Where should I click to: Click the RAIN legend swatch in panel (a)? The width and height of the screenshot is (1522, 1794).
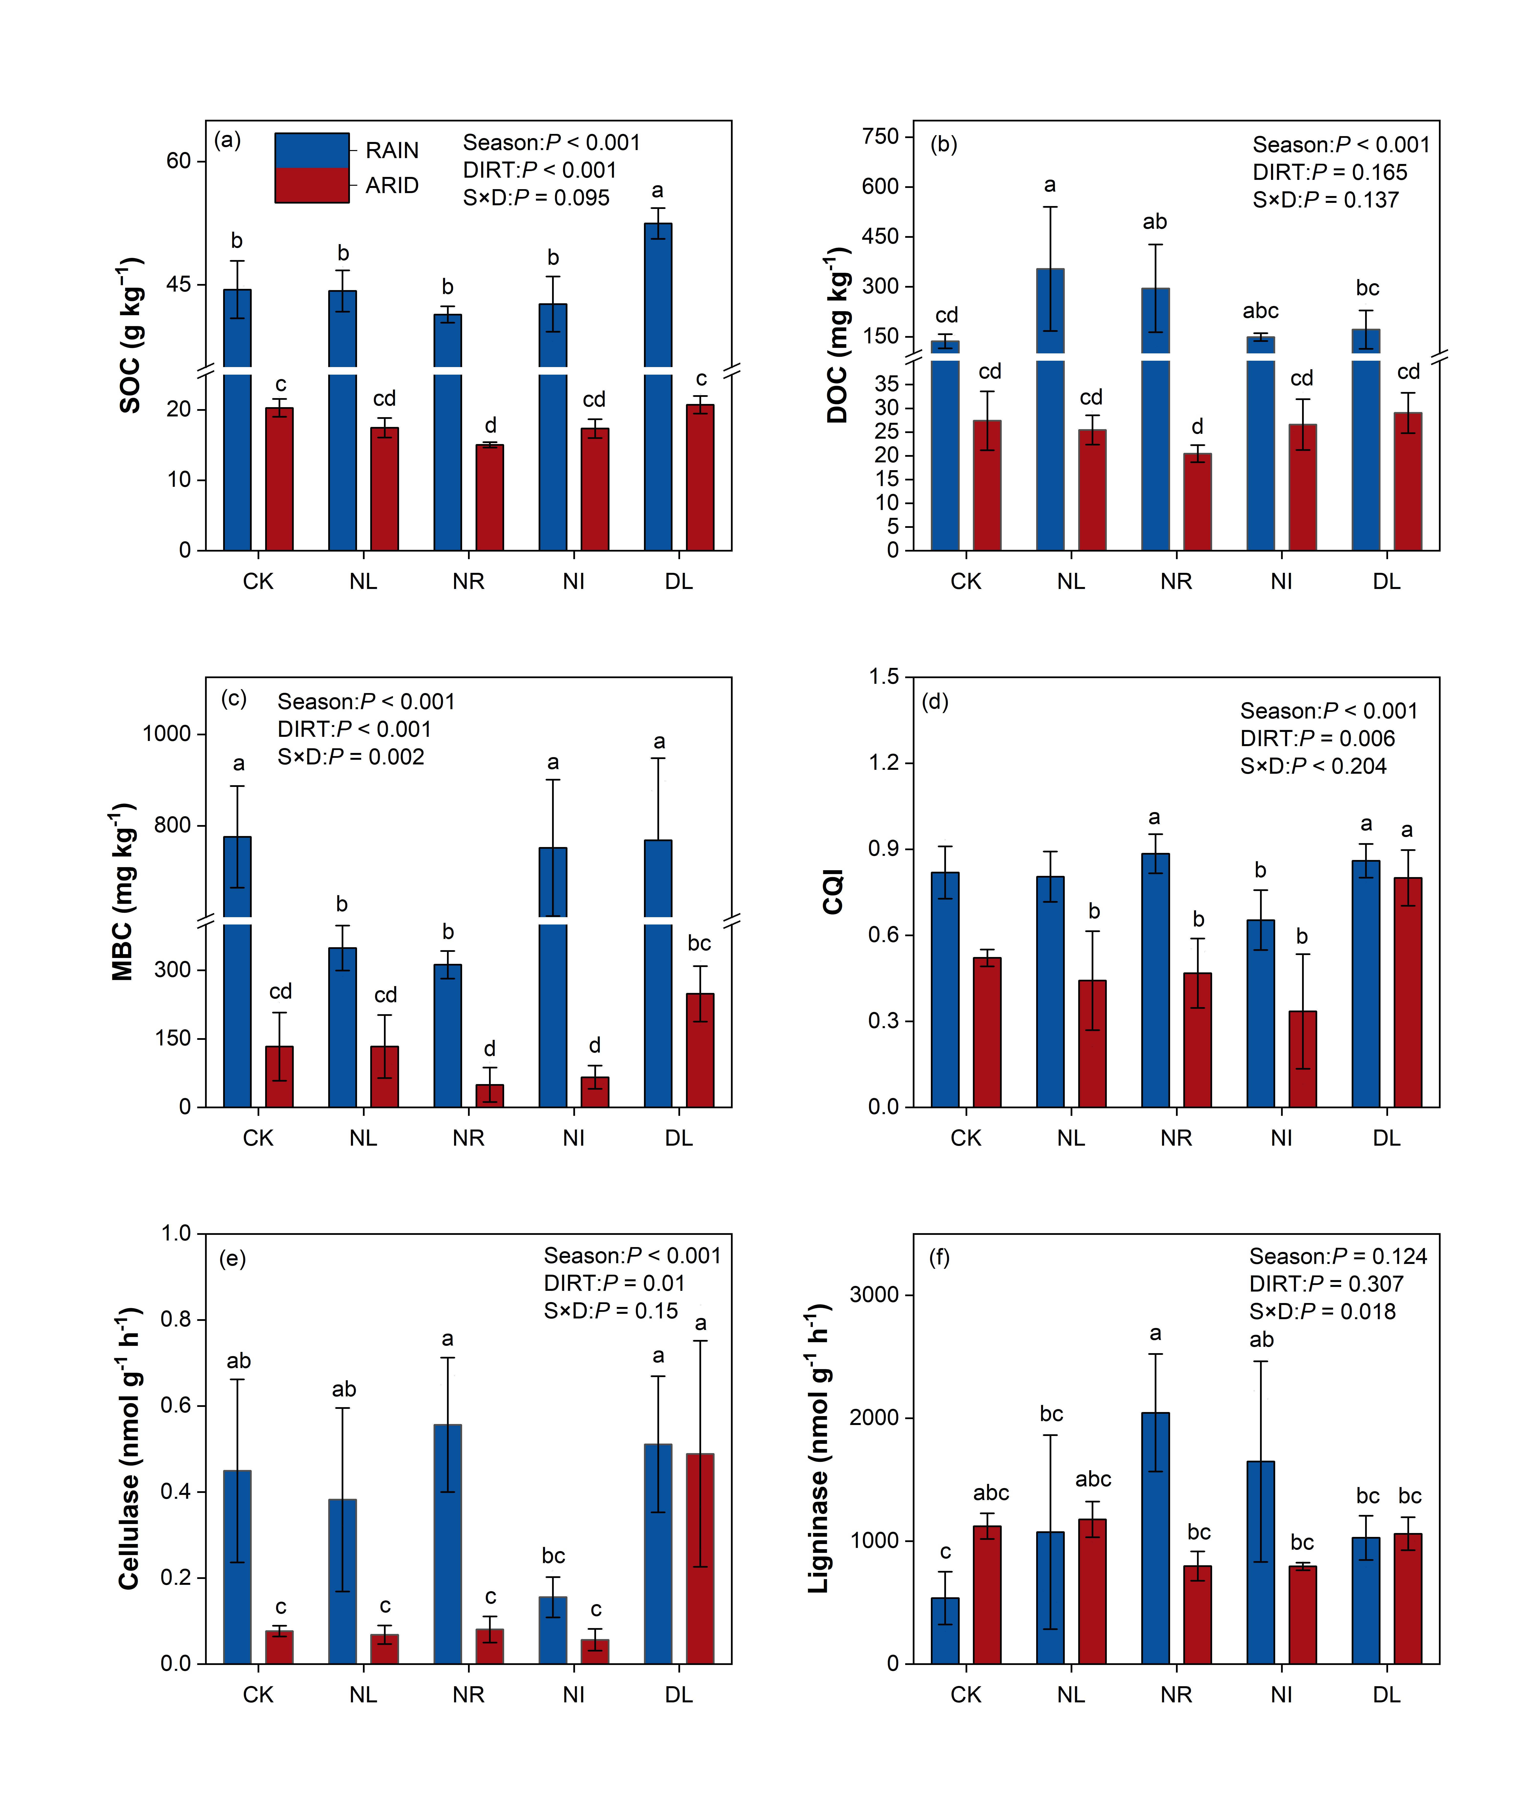point(312,150)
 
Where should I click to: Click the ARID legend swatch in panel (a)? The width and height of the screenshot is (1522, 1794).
point(312,185)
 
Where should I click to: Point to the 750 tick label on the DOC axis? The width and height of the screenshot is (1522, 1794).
point(880,136)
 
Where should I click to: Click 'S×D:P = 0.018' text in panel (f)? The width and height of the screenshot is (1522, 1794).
point(1322,1312)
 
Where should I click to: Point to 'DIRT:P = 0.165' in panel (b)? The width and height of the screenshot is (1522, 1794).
point(1330,173)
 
